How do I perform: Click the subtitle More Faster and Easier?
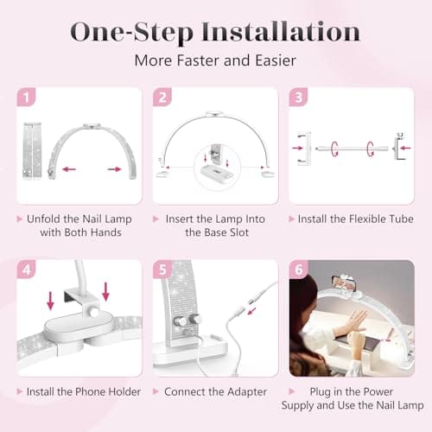coord(215,61)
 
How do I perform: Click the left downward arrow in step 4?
coord(50,300)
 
